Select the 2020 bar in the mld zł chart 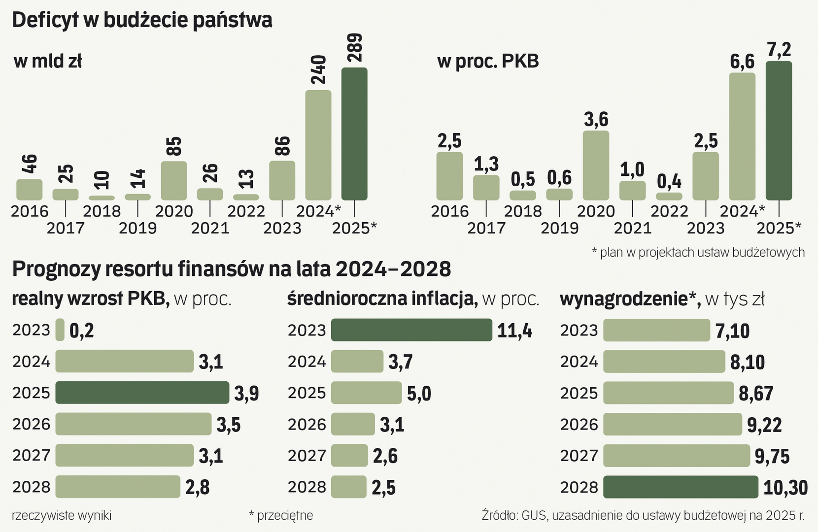point(173,181)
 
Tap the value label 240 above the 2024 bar point(319,70)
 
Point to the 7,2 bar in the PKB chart point(779,131)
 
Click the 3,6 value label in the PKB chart point(596,120)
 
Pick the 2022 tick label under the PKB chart point(669,211)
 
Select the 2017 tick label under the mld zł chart point(66,228)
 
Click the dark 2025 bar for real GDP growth point(142,393)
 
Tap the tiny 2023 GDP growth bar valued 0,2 point(60,330)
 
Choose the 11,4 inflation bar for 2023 point(411,330)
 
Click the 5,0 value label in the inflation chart point(419,394)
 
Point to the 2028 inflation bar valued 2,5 point(348,487)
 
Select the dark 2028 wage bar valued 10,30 point(680,487)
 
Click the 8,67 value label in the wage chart point(756,394)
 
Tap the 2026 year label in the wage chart point(579,425)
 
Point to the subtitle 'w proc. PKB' point(488,62)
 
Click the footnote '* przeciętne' point(281,516)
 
